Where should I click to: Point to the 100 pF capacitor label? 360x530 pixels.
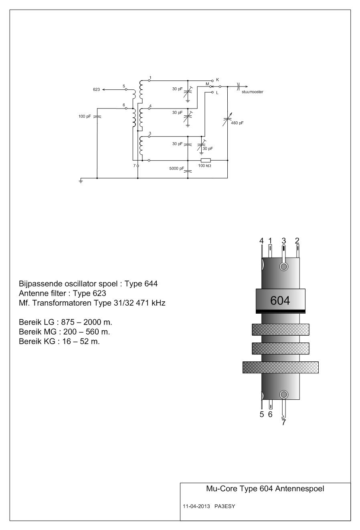[x=85, y=117]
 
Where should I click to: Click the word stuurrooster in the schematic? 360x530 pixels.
[x=252, y=92]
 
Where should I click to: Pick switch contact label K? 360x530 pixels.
[x=217, y=80]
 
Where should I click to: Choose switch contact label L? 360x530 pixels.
[x=217, y=93]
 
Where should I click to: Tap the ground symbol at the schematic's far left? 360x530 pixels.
[x=82, y=181]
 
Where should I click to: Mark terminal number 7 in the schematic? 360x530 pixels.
[x=134, y=165]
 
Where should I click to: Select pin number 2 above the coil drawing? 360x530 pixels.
[x=297, y=240]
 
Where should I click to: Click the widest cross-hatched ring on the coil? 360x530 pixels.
[x=281, y=367]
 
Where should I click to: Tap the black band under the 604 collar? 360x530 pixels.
[x=280, y=311]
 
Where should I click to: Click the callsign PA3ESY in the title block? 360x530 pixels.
[x=227, y=506]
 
